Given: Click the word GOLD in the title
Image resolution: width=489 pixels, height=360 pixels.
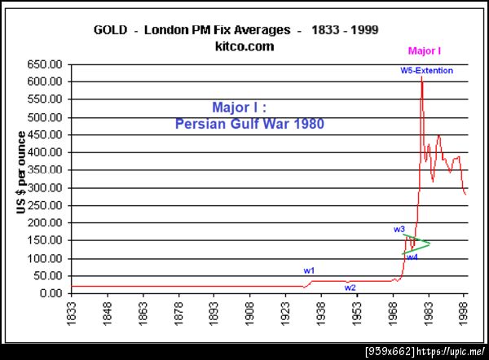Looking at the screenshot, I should (112, 30).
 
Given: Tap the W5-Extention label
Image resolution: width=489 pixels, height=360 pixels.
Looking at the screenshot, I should (426, 71).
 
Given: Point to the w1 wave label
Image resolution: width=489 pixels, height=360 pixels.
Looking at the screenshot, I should (310, 270).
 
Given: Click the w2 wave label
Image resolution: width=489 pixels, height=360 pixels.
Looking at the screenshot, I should (350, 288).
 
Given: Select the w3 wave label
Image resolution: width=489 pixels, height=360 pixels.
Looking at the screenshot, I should (399, 230).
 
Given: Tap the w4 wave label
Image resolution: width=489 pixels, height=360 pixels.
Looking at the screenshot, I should (412, 257).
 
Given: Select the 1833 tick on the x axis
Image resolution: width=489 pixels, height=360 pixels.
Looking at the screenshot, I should (73, 314).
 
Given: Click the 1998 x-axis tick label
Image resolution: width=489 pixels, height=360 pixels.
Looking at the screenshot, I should (464, 314).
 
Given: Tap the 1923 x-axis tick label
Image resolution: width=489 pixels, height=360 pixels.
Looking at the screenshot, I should (286, 314).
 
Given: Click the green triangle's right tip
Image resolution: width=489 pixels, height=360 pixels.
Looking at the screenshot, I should (430, 243).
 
